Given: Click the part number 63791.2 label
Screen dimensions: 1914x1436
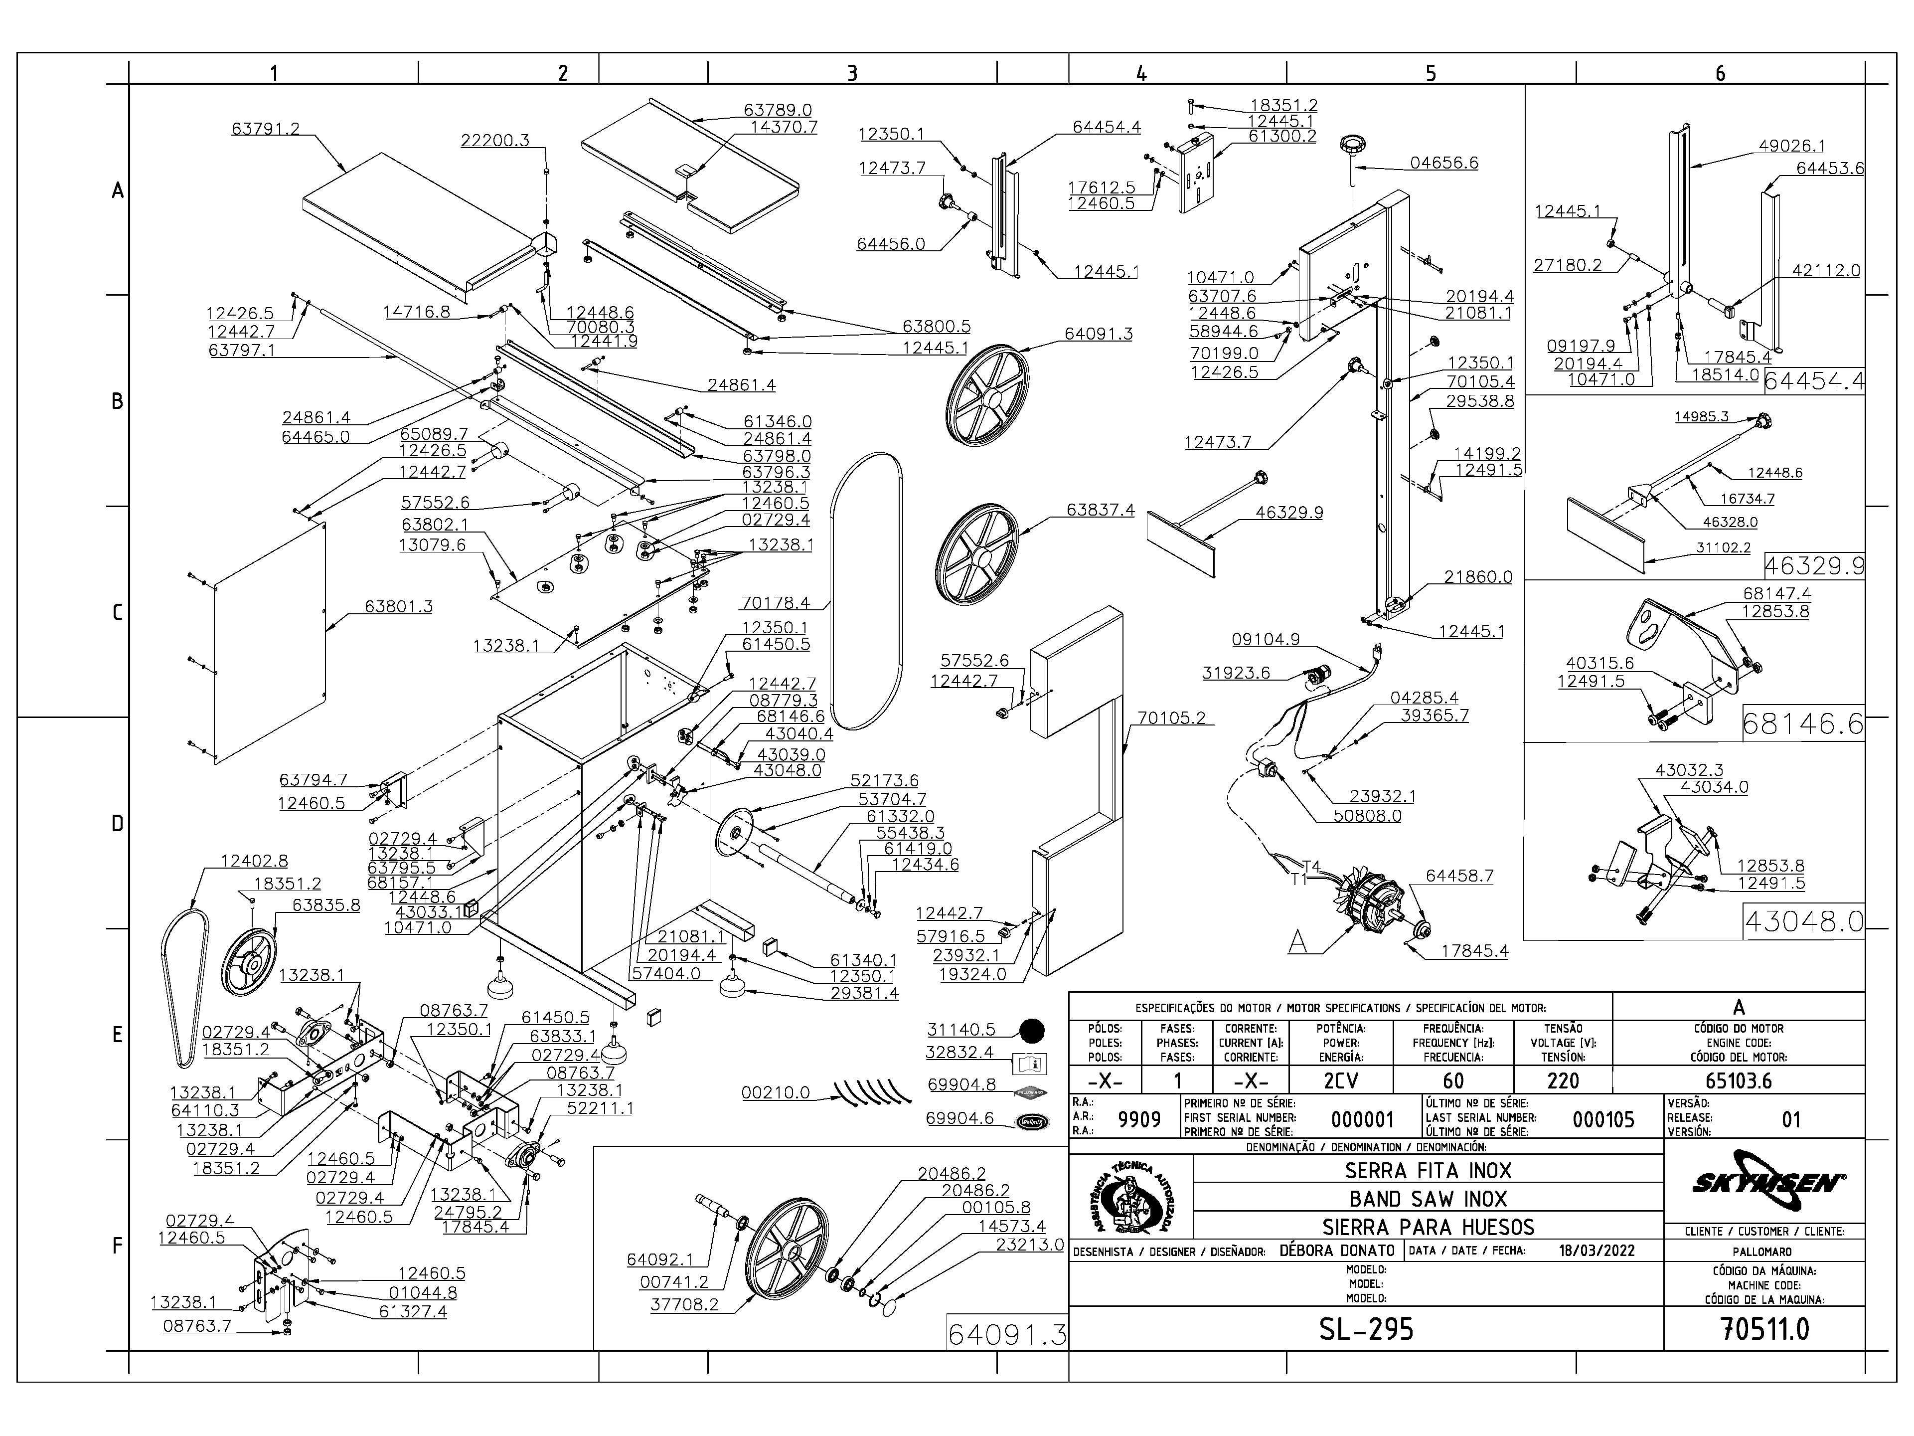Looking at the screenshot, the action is [x=266, y=129].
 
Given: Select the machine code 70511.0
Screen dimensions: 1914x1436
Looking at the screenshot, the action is [x=1765, y=1329].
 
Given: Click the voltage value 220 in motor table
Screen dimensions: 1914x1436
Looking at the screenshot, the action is [x=1563, y=1081].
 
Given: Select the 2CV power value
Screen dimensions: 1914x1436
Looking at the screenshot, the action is [x=1340, y=1081].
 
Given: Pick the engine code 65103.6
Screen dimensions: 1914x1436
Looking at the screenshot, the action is [x=1739, y=1081].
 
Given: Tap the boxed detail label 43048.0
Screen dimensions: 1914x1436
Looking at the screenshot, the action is [x=1803, y=921].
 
